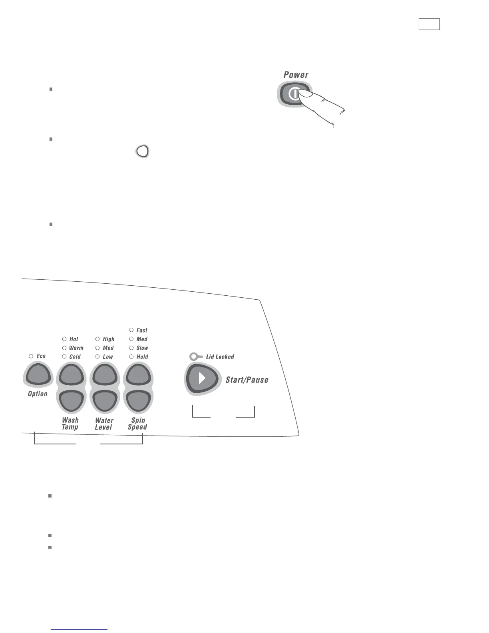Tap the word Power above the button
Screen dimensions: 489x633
click(x=296, y=75)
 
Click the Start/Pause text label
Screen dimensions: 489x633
click(x=246, y=380)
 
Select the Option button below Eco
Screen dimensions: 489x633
click(x=38, y=375)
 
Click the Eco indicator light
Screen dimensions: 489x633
click(x=31, y=356)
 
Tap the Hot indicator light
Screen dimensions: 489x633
click(x=64, y=339)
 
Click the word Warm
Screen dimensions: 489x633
click(x=76, y=348)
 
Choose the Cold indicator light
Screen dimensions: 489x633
click(x=64, y=356)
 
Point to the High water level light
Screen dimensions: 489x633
click(x=97, y=339)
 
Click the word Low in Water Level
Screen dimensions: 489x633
click(x=108, y=356)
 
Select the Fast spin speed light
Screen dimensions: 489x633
click(x=131, y=330)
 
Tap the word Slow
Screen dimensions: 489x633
click(x=142, y=348)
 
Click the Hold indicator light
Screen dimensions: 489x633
click(x=131, y=356)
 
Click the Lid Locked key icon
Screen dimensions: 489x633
click(x=196, y=356)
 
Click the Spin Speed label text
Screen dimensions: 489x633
click(x=138, y=424)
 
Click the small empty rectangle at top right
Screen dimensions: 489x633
click(x=429, y=24)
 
